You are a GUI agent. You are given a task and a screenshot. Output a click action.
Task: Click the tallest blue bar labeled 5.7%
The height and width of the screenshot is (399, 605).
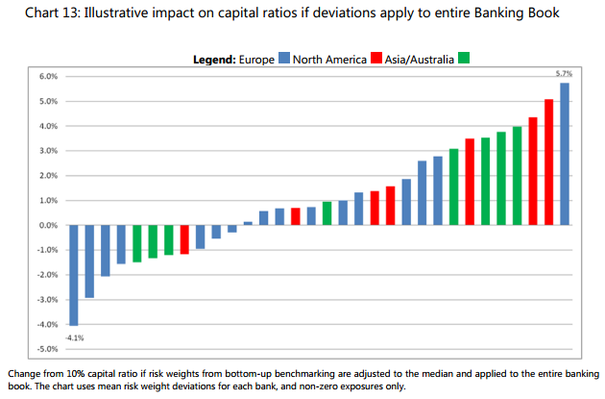tap(565, 154)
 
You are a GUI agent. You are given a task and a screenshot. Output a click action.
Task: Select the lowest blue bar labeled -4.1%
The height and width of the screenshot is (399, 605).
tap(74, 275)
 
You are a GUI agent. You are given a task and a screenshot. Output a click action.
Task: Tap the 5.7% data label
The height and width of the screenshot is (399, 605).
tap(565, 74)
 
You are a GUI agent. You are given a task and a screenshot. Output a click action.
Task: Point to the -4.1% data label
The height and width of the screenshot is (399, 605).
tap(74, 337)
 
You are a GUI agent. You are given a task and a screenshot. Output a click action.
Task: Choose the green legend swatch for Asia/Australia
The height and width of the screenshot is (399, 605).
tap(464, 59)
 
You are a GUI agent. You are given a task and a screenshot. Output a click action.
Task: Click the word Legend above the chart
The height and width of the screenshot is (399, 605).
tap(214, 59)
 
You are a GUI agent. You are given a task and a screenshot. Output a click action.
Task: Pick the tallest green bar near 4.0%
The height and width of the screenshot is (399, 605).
tap(517, 176)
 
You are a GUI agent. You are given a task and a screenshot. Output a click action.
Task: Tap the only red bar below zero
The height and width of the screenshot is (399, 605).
tap(184, 239)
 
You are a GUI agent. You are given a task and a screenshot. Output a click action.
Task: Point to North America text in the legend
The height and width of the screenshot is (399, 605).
tap(329, 59)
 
